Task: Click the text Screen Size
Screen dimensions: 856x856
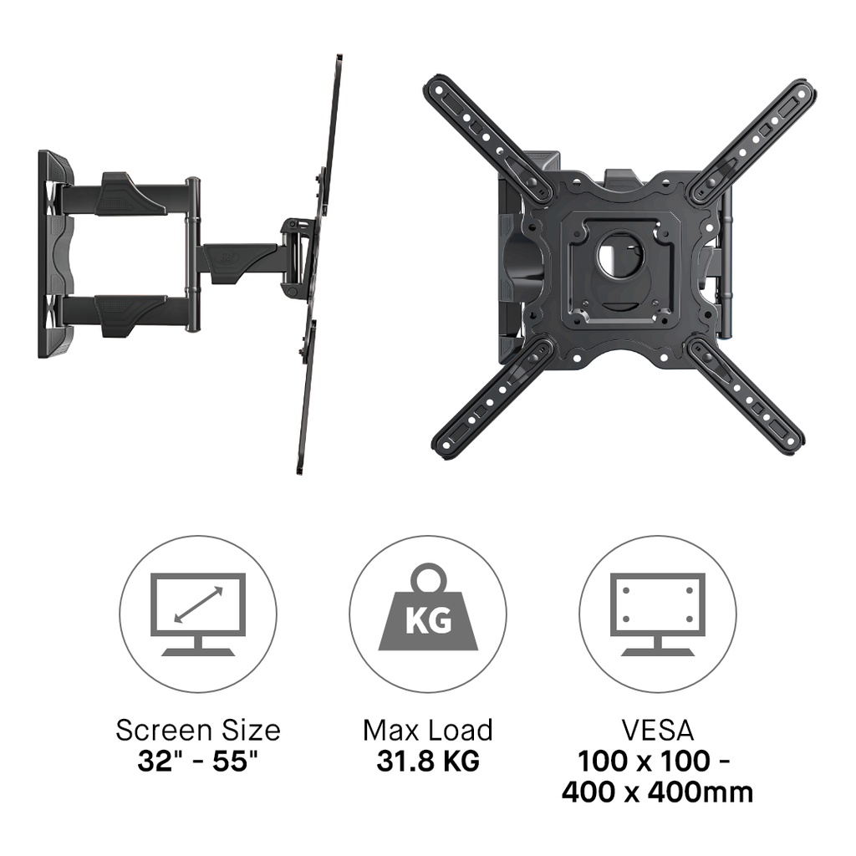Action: click(x=198, y=731)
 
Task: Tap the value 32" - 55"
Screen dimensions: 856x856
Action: click(x=197, y=761)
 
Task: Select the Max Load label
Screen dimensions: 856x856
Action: click(x=428, y=731)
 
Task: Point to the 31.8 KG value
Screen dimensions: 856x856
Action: click(x=428, y=761)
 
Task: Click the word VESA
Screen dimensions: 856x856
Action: click(x=658, y=731)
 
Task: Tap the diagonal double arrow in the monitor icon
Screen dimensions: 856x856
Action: click(x=198, y=605)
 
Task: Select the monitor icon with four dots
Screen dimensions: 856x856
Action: click(x=658, y=614)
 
